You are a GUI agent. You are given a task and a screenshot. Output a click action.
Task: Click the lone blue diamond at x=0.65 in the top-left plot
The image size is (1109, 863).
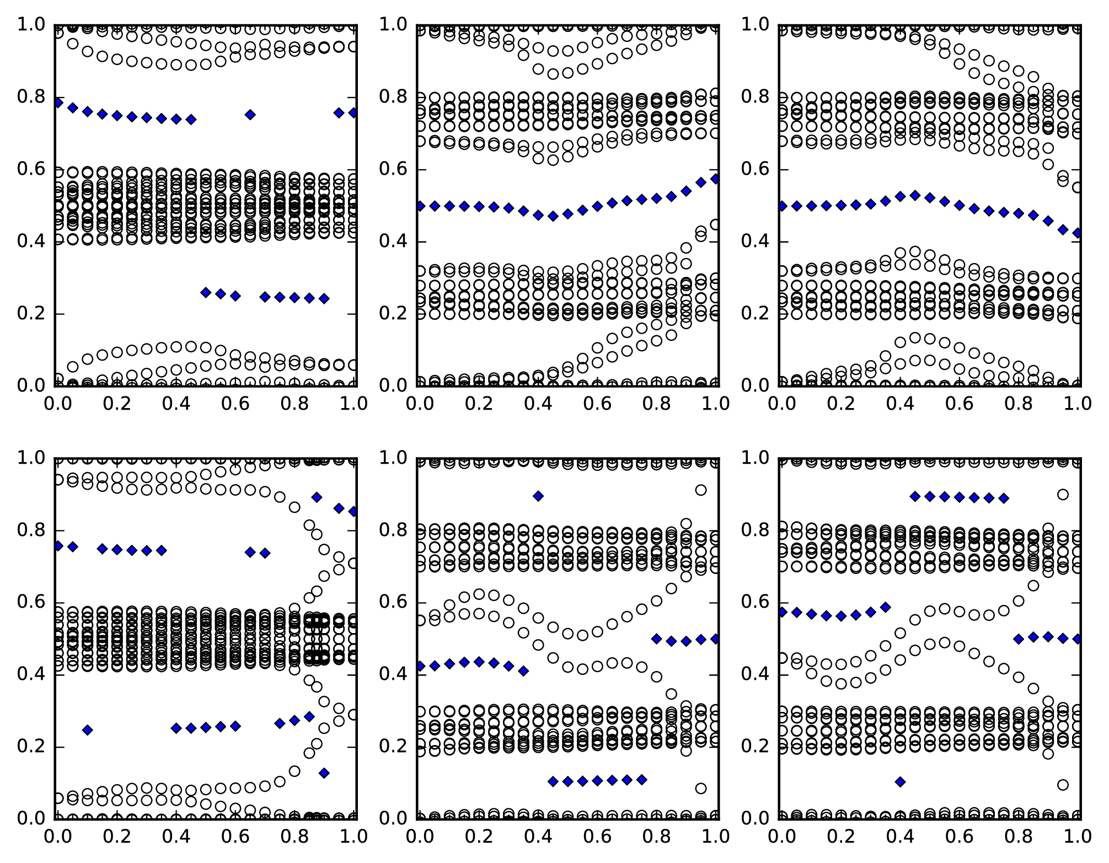pos(250,115)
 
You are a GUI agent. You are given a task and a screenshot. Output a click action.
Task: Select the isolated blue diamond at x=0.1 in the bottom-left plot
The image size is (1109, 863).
pos(87,730)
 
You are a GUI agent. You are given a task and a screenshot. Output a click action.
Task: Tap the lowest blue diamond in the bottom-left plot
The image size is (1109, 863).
pos(324,773)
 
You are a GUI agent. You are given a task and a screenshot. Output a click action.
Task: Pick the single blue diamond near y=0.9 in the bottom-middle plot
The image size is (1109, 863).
pos(538,496)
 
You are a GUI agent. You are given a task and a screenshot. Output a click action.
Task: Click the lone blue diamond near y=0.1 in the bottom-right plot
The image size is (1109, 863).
pos(900,781)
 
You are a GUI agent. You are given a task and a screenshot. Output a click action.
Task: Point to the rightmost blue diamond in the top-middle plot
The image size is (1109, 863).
pos(715,179)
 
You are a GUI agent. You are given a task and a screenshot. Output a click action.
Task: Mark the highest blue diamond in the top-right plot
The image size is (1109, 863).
pos(915,195)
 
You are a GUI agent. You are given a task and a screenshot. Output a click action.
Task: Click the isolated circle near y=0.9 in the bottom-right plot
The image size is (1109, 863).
pos(1063,495)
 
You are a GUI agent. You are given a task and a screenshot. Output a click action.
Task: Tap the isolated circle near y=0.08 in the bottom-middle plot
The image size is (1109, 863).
pos(700,789)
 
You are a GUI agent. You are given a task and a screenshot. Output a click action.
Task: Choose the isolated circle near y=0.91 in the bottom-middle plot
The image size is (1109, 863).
pos(700,490)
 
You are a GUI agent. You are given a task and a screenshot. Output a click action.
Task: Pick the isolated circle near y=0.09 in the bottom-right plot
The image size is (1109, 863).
pos(1063,785)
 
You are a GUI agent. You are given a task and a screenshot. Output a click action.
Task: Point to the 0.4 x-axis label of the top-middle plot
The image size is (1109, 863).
pos(538,404)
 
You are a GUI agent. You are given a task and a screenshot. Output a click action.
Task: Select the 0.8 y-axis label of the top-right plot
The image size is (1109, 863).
pos(757,97)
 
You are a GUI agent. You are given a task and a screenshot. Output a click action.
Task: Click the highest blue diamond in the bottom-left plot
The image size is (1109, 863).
pos(317,497)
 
